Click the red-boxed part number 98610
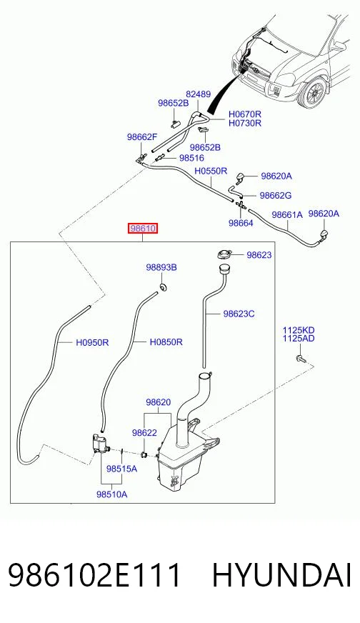[143, 229]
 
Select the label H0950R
[92, 342]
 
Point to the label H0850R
[166, 342]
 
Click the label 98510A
[111, 494]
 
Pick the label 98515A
[121, 469]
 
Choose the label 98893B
[161, 267]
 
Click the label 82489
[199, 94]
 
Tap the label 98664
[241, 223]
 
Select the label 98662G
[276, 195]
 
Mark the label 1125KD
[299, 330]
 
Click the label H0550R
[211, 171]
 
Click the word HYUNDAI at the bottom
[282, 575]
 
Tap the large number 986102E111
[94, 575]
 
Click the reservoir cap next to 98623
[224, 254]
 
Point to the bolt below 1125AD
[301, 359]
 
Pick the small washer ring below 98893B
[163, 286]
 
